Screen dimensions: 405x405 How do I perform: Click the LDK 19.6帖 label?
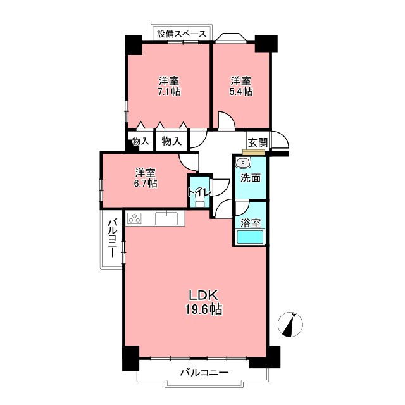click(204, 302)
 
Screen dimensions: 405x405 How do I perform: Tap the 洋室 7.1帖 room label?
click(169, 86)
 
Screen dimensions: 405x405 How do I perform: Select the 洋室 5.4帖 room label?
click(241, 86)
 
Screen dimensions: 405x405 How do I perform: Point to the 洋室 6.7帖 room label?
click(146, 178)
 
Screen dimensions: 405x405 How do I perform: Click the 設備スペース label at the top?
click(182, 34)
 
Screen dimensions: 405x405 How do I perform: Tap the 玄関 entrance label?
click(258, 142)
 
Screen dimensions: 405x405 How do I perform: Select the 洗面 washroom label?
click(251, 178)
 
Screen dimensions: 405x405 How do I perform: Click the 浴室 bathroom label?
click(251, 223)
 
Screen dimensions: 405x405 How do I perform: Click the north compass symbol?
click(290, 325)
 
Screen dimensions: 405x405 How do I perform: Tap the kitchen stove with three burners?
click(134, 218)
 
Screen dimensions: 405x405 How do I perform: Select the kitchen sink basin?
click(166, 218)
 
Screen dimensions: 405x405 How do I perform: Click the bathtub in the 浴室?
click(250, 237)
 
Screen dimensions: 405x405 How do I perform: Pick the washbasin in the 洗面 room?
click(242, 163)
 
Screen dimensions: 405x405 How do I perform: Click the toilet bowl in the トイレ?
click(199, 201)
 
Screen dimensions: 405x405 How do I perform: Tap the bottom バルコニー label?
click(204, 372)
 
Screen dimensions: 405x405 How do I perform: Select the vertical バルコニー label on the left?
click(112, 238)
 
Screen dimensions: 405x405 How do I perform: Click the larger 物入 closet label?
click(171, 141)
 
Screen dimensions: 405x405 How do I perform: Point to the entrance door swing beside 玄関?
click(279, 140)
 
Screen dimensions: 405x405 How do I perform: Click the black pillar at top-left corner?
click(134, 45)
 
